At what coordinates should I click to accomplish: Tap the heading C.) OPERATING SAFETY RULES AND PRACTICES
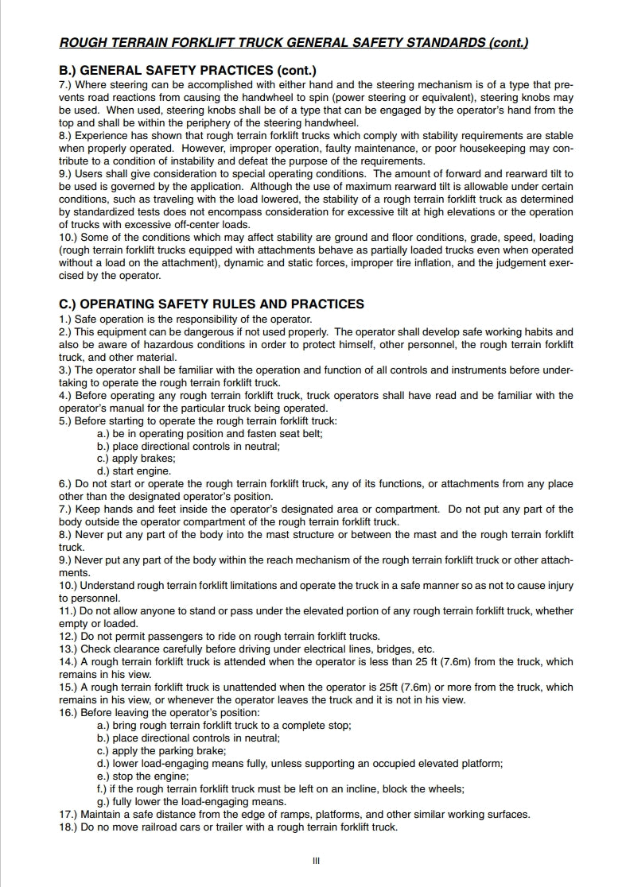pyautogui.click(x=212, y=304)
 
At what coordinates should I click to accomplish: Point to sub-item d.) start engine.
pyautogui.click(x=134, y=471)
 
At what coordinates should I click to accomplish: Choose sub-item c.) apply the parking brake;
pyautogui.click(x=161, y=751)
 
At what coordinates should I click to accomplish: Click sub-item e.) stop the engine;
pyautogui.click(x=142, y=777)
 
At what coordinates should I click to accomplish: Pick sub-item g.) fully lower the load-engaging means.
pyautogui.click(x=191, y=802)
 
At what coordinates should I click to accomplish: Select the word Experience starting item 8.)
pyautogui.click(x=103, y=135)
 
